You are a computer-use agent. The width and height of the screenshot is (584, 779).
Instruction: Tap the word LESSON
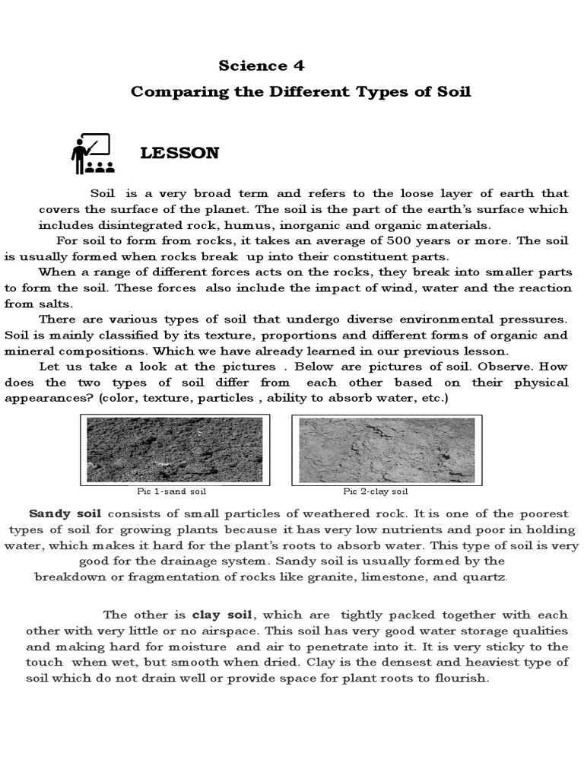tap(179, 154)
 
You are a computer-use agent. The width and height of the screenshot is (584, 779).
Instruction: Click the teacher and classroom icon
tap(91, 154)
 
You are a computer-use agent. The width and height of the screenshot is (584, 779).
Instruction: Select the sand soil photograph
tap(176, 449)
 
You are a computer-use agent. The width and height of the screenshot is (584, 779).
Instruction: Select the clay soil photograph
tap(386, 449)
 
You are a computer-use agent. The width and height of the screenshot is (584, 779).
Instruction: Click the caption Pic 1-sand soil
tap(176, 492)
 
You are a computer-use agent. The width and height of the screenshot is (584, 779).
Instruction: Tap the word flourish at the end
tap(459, 678)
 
